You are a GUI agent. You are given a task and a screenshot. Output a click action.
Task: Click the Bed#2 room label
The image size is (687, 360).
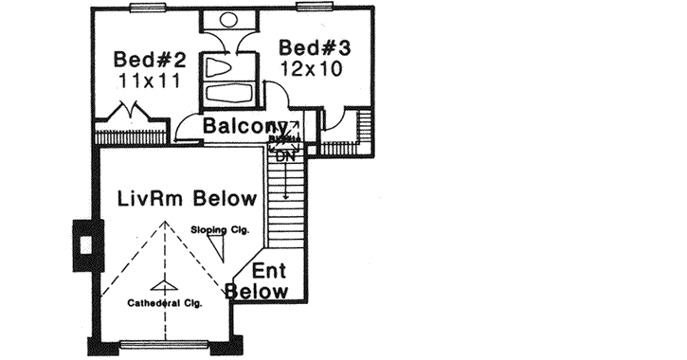150,59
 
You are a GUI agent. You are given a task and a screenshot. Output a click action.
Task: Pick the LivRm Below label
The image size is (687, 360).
187,199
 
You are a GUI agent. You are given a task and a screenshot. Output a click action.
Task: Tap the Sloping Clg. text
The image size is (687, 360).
220,229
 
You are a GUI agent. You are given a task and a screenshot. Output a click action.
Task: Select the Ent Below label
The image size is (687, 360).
260,281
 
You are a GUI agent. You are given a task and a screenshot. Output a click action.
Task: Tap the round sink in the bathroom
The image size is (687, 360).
229,19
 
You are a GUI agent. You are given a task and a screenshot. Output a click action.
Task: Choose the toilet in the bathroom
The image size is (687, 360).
219,69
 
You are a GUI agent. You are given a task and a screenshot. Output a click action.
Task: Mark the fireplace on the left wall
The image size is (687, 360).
86,244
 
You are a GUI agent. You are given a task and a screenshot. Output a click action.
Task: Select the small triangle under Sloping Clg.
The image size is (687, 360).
218,249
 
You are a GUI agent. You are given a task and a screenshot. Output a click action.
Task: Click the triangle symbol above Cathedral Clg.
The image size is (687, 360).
164,285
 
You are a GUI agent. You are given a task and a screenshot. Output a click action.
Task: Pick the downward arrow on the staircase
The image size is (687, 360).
285,185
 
